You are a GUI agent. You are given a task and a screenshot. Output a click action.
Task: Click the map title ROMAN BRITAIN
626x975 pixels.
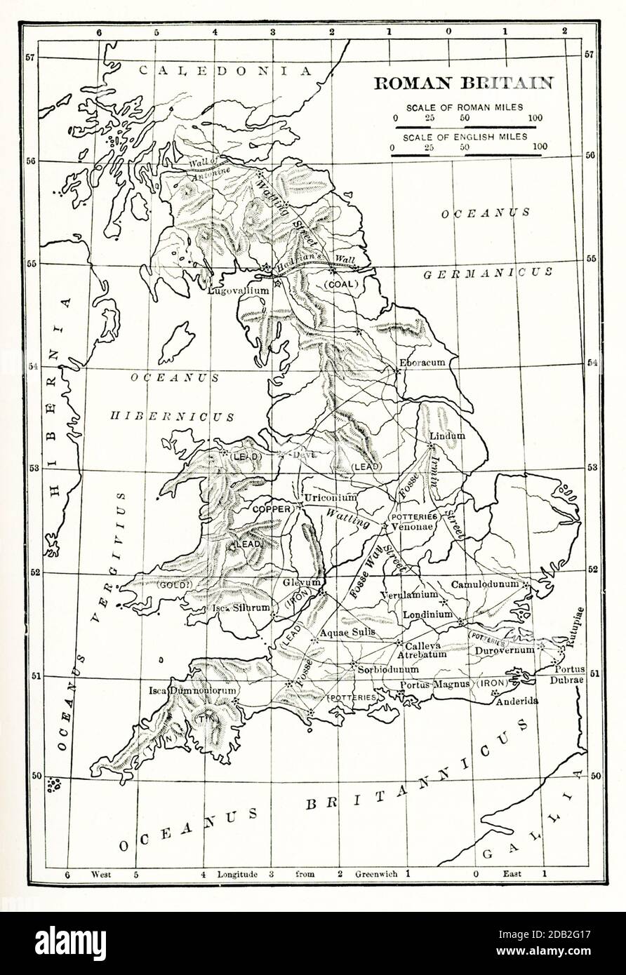point(463,83)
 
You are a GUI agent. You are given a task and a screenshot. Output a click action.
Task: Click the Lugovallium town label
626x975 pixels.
point(239,290)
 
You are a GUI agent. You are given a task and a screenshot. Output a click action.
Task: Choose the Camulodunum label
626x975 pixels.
point(484,584)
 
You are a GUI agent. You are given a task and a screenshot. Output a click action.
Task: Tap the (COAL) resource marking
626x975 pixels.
point(341,284)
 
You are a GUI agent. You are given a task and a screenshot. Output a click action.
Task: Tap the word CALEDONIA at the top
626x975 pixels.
point(225,70)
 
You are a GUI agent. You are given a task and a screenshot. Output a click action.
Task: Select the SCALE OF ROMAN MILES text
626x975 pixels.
point(464,107)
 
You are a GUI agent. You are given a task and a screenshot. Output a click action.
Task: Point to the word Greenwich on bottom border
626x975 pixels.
point(377,874)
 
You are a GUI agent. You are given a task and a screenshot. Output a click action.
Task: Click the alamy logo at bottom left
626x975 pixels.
point(70,943)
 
